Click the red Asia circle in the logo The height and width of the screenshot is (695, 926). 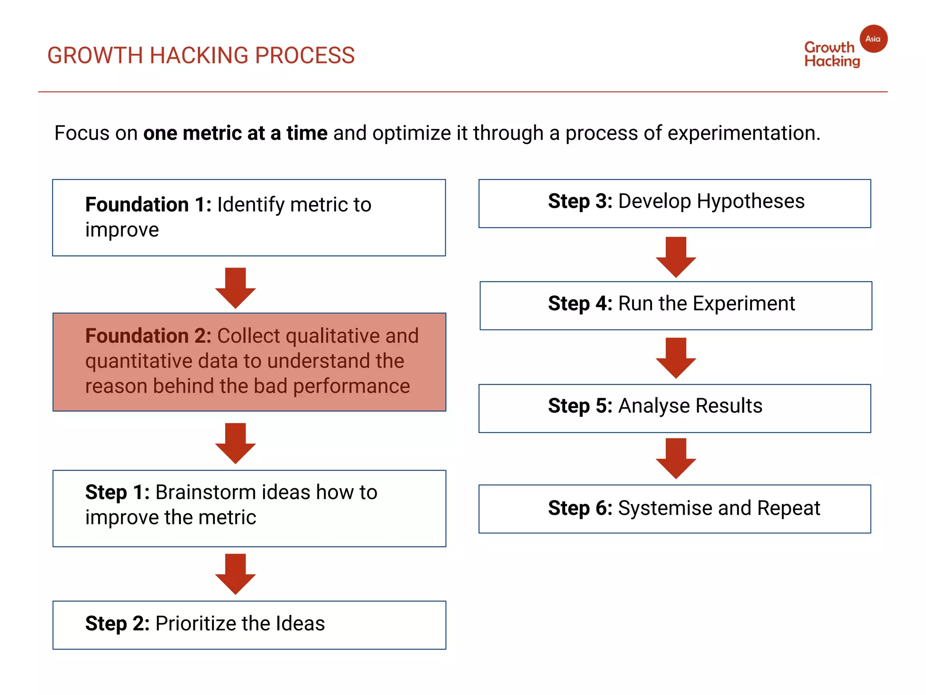coord(873,39)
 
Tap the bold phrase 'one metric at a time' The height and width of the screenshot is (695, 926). coord(235,133)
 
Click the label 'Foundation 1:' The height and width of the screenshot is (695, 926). coord(148,205)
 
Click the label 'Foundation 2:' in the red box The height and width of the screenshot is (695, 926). coord(148,336)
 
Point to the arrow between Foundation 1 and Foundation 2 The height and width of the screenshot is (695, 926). coord(235,288)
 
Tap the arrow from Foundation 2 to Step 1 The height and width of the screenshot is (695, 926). coord(235,443)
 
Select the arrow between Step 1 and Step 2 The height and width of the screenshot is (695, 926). coord(235,574)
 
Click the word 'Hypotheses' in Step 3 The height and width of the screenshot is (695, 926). coord(751,201)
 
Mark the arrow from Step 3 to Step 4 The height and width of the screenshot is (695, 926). coord(676,257)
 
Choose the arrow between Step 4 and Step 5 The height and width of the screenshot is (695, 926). coord(676,357)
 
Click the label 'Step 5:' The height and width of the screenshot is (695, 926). coord(580,406)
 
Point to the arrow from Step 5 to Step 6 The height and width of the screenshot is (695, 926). coord(676,458)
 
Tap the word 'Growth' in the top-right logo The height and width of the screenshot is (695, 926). coord(829,47)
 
